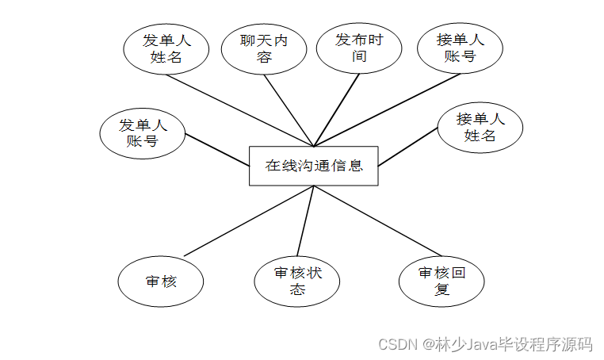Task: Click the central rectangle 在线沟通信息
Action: tap(313, 166)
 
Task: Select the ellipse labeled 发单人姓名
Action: tap(166, 48)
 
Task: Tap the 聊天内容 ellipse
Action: tap(263, 48)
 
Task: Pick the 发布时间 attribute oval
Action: tap(358, 48)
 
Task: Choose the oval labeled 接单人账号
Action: tap(460, 48)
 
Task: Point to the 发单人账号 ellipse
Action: tap(143, 133)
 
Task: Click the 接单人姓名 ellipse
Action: tap(480, 127)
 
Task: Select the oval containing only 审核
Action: tap(161, 281)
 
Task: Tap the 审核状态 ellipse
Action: tap(297, 281)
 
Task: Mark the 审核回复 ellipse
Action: tap(442, 281)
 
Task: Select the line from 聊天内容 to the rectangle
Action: tap(289, 109)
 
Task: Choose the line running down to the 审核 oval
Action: tap(250, 220)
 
